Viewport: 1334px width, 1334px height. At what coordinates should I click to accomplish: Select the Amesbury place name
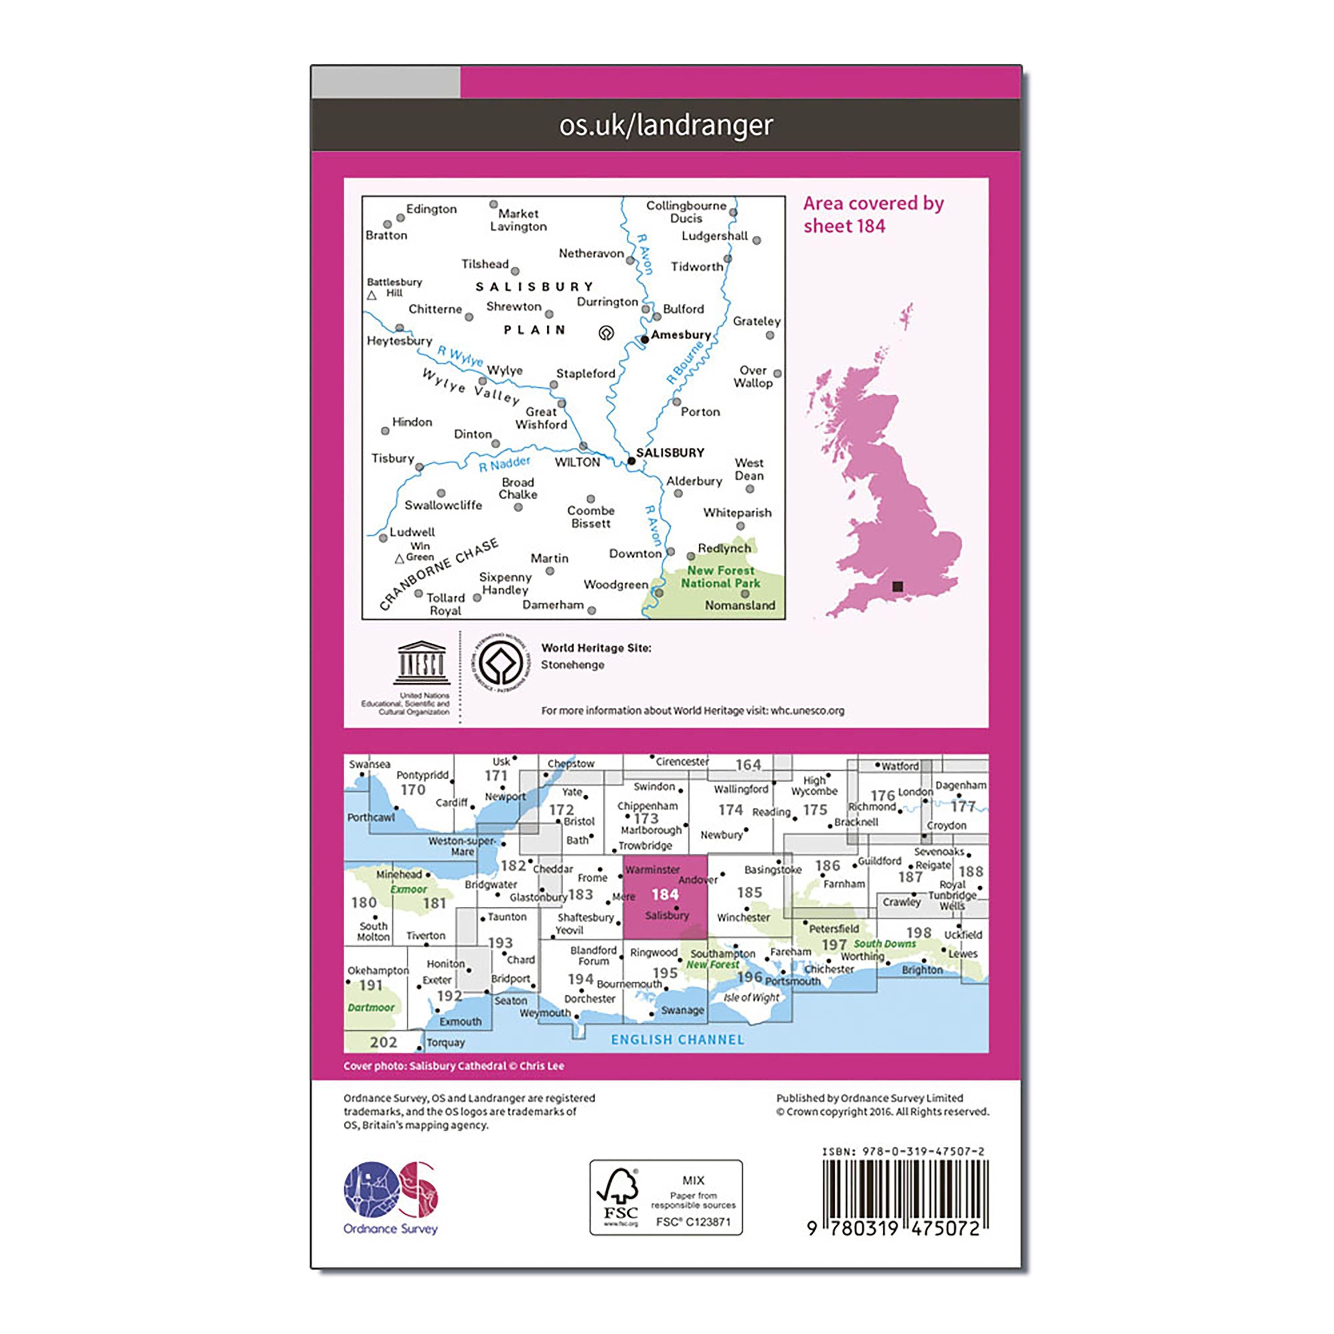coord(681,335)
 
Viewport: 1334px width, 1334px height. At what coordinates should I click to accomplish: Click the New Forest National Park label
coord(720,577)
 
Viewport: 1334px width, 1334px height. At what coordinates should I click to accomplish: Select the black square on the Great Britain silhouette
coord(897,586)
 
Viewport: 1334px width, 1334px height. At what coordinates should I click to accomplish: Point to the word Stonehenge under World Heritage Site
coord(572,665)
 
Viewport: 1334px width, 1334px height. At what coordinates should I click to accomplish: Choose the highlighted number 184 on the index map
coord(665,894)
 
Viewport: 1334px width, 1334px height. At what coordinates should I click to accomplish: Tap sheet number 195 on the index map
coord(665,973)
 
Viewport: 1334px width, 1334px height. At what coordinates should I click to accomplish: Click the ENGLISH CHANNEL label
coord(677,1039)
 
